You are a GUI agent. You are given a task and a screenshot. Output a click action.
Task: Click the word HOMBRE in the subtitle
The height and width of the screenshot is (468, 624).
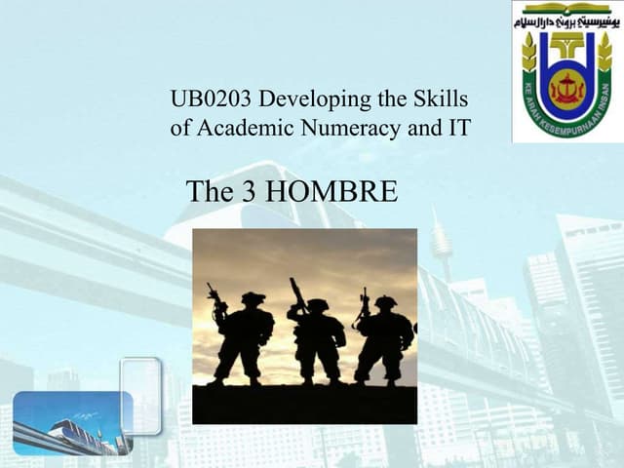point(331,192)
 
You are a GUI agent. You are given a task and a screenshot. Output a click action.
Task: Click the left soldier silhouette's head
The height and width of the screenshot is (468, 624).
point(253,299)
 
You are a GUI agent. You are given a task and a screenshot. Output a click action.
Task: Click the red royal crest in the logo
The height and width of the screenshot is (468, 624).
point(566,86)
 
